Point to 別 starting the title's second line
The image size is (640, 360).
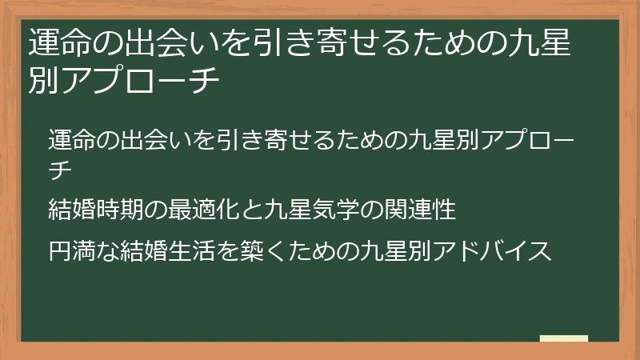[42, 80]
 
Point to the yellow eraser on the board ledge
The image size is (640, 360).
[564, 338]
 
